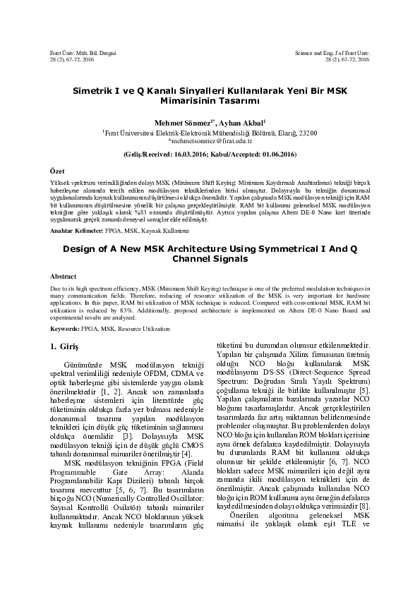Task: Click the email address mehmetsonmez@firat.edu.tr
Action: (x=210, y=140)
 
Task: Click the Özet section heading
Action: (x=56, y=171)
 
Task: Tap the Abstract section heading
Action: (x=64, y=276)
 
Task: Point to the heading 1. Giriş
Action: (x=65, y=346)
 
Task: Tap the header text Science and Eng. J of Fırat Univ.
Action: (x=332, y=54)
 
